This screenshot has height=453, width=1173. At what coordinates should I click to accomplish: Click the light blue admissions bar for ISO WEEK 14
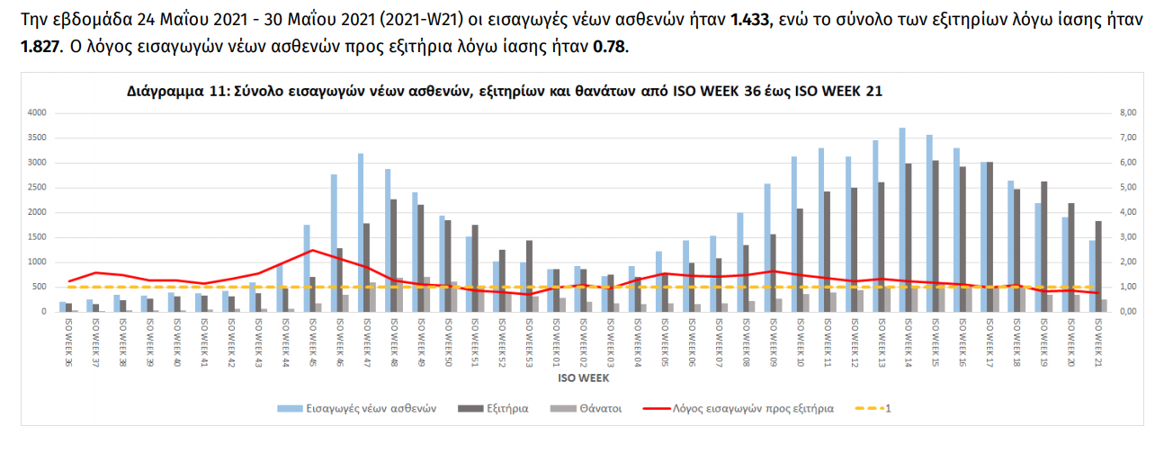pyautogui.click(x=902, y=219)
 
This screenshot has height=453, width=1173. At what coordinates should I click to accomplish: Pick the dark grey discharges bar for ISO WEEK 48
pyautogui.click(x=394, y=255)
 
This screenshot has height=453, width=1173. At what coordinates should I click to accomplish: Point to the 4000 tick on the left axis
pyautogui.click(x=36, y=112)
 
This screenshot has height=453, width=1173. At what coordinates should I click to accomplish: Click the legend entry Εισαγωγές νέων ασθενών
pyautogui.click(x=367, y=408)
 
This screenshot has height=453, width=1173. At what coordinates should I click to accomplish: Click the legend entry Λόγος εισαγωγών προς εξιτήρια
pyautogui.click(x=752, y=408)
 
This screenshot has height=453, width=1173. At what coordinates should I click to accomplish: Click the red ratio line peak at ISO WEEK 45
pyautogui.click(x=311, y=250)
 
